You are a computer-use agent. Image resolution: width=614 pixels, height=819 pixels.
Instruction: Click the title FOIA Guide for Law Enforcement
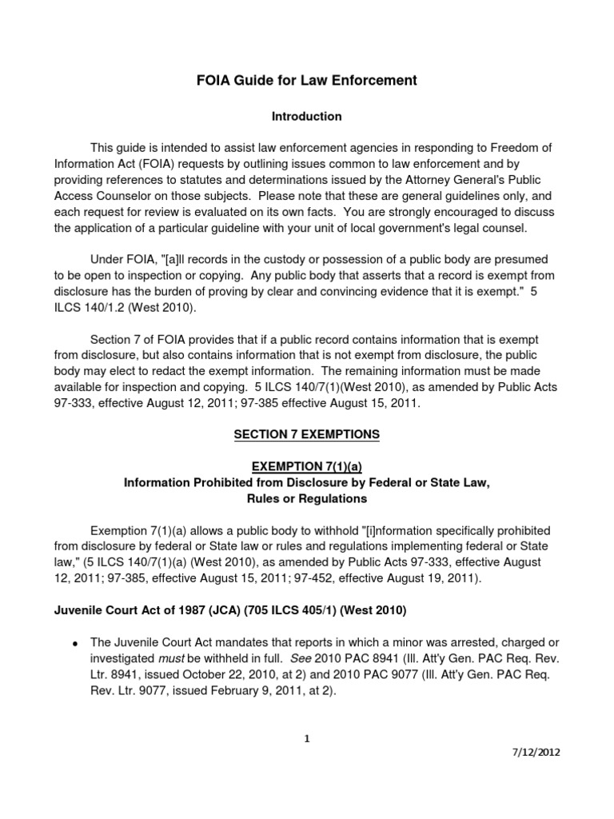306,81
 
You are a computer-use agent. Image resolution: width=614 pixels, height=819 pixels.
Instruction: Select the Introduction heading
306,117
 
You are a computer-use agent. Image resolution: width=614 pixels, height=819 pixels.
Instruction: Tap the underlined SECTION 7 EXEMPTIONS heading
306,434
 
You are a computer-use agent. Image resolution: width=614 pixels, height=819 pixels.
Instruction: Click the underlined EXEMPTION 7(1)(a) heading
306,466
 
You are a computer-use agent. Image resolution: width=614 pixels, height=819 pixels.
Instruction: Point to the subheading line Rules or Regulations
306,498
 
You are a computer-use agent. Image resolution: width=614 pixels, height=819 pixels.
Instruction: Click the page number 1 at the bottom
307,739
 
